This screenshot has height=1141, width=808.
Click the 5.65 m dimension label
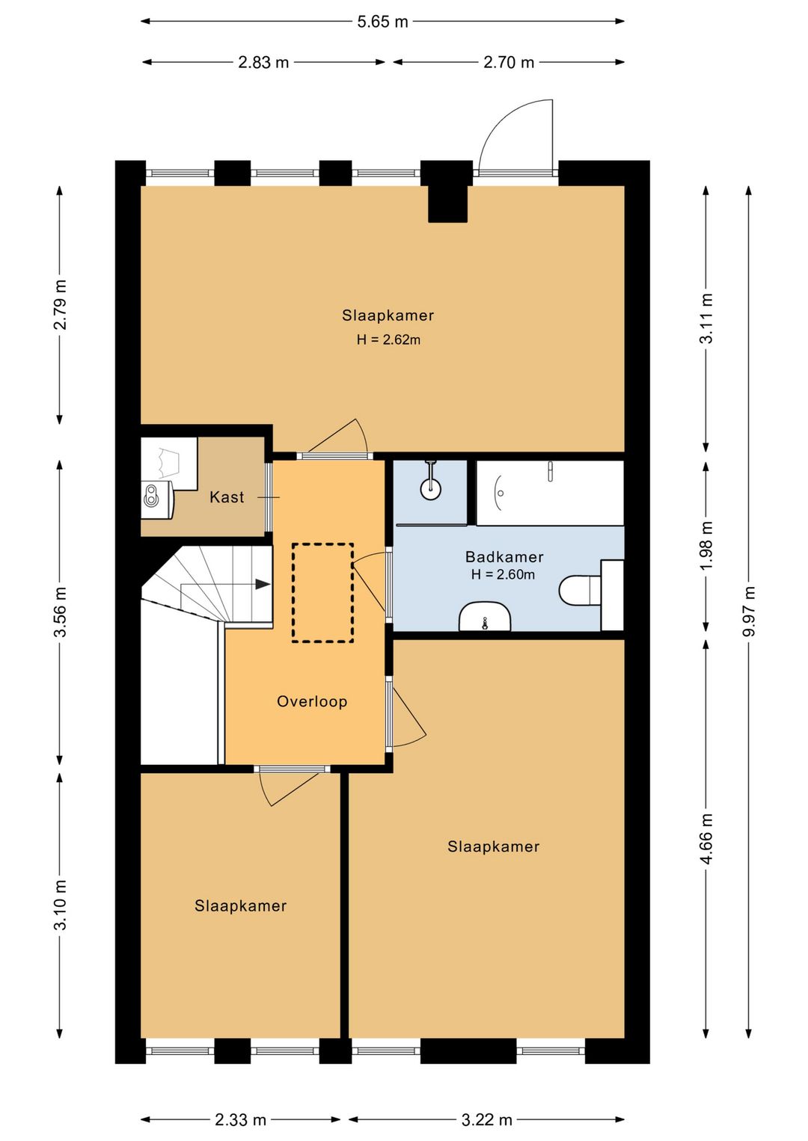point(382,22)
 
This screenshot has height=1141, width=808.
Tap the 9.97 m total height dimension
point(748,612)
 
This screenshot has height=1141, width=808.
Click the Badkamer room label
point(504,557)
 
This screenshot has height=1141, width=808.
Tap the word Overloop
point(312,701)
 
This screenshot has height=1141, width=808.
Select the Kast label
point(227,497)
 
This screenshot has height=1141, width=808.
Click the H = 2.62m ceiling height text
point(388,339)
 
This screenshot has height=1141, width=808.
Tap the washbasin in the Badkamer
point(485,617)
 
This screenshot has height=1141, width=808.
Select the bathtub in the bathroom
point(550,493)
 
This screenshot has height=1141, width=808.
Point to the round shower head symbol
point(431,488)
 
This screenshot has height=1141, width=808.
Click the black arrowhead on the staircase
point(263,584)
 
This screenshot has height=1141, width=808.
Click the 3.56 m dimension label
point(60,612)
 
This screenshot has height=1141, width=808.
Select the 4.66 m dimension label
point(706,838)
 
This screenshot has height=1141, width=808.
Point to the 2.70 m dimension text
point(509,63)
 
